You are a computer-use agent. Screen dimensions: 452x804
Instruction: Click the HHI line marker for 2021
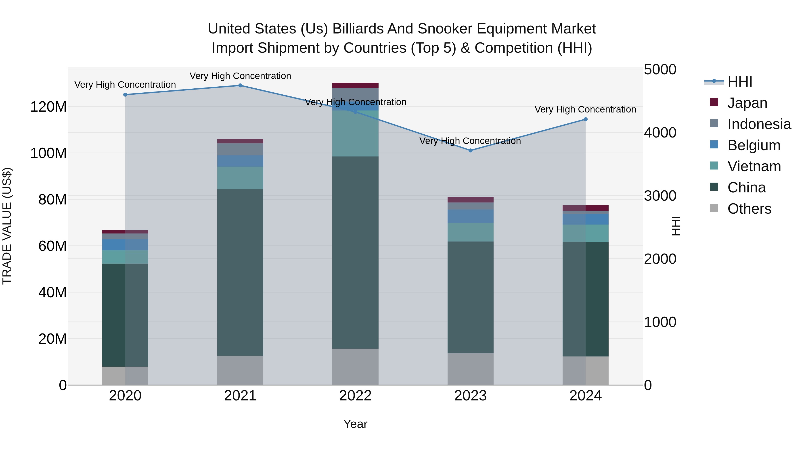(240, 85)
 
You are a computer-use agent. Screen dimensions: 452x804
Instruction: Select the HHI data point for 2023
(471, 150)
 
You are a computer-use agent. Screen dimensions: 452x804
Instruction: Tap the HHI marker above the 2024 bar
(586, 119)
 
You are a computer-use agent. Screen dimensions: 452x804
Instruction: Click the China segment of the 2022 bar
(355, 253)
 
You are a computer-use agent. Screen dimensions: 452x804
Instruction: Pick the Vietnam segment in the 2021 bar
(240, 178)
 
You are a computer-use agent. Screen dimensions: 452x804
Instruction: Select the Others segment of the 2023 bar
(471, 369)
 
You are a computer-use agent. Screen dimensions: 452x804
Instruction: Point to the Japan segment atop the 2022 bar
(355, 85)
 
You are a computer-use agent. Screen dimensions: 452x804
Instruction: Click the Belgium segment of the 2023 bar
(471, 216)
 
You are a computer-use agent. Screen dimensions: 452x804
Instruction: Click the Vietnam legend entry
(754, 166)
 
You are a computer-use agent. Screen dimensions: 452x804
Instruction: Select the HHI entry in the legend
(739, 82)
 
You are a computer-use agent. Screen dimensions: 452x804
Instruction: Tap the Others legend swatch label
(749, 209)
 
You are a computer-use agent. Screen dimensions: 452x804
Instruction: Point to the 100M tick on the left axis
(48, 153)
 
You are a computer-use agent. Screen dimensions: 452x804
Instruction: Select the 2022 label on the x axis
(355, 396)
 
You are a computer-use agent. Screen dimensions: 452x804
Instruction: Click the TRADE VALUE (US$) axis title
(7, 226)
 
